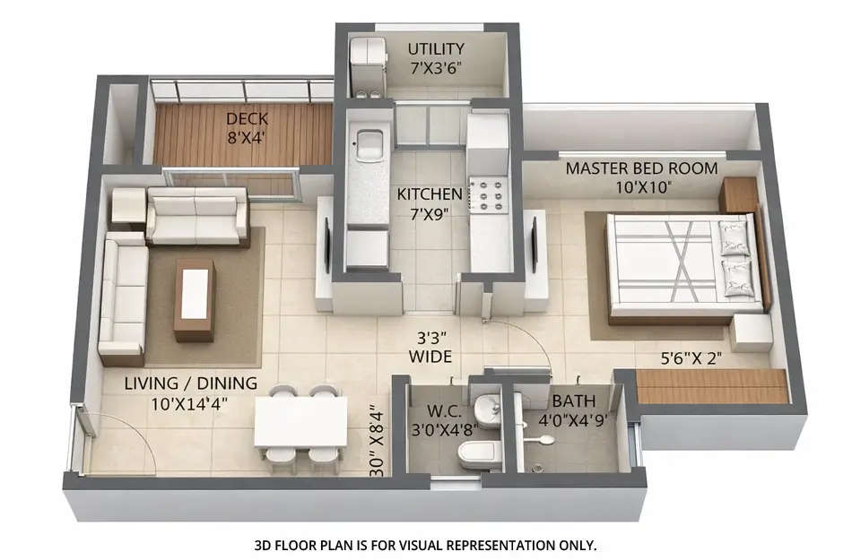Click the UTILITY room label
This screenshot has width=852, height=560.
(x=436, y=48)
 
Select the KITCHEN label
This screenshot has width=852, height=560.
(x=430, y=194)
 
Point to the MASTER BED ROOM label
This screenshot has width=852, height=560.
(x=641, y=168)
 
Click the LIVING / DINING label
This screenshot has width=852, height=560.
(x=190, y=383)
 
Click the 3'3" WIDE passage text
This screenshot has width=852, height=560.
(x=430, y=348)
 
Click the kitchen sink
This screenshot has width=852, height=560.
(x=369, y=142)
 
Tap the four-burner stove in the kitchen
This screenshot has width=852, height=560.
(x=490, y=196)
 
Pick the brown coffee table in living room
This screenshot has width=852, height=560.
(x=195, y=300)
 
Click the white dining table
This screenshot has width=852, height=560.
(x=300, y=421)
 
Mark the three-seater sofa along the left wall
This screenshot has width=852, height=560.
(x=123, y=296)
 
